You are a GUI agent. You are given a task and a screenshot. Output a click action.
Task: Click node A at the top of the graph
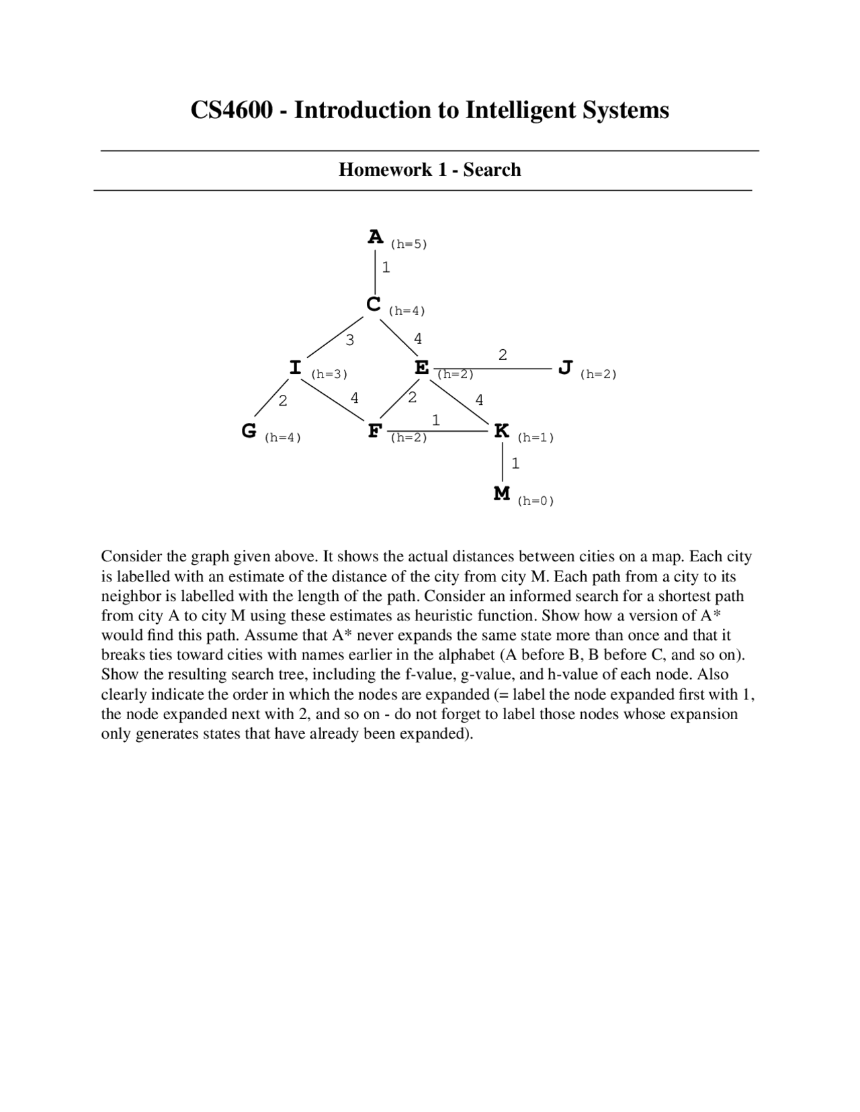[x=375, y=237]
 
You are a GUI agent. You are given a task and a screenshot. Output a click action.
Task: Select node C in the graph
[x=374, y=304]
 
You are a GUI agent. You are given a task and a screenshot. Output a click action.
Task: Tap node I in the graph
[x=295, y=367]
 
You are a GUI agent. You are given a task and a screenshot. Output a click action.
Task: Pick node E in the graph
[x=421, y=368]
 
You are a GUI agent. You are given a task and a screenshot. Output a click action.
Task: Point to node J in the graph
[x=565, y=367]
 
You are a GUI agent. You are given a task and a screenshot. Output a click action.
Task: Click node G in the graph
[x=249, y=430]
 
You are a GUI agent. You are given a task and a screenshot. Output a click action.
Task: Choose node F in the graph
[x=375, y=430]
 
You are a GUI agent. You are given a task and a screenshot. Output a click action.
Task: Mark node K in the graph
[x=501, y=430]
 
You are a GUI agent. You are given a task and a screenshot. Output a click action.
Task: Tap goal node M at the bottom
[x=501, y=494]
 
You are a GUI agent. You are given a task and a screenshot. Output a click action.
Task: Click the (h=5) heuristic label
[x=408, y=244]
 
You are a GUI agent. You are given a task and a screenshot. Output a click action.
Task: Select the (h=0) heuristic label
[x=535, y=501]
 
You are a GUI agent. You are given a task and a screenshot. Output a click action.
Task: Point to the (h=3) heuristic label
[x=329, y=375]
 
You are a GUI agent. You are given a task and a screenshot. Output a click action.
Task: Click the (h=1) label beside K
[x=535, y=438]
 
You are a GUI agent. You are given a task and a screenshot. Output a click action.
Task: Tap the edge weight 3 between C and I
[x=349, y=340]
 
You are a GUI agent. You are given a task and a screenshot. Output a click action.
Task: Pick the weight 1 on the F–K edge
[x=436, y=420]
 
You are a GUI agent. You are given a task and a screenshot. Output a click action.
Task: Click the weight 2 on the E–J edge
[x=503, y=355]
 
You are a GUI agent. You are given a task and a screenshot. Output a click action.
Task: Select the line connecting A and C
[x=375, y=272]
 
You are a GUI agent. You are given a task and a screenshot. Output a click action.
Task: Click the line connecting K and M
[x=503, y=462]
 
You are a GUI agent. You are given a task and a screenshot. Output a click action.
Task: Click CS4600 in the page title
[x=232, y=110]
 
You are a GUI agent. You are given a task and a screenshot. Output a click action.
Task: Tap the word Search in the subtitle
[x=492, y=170]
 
